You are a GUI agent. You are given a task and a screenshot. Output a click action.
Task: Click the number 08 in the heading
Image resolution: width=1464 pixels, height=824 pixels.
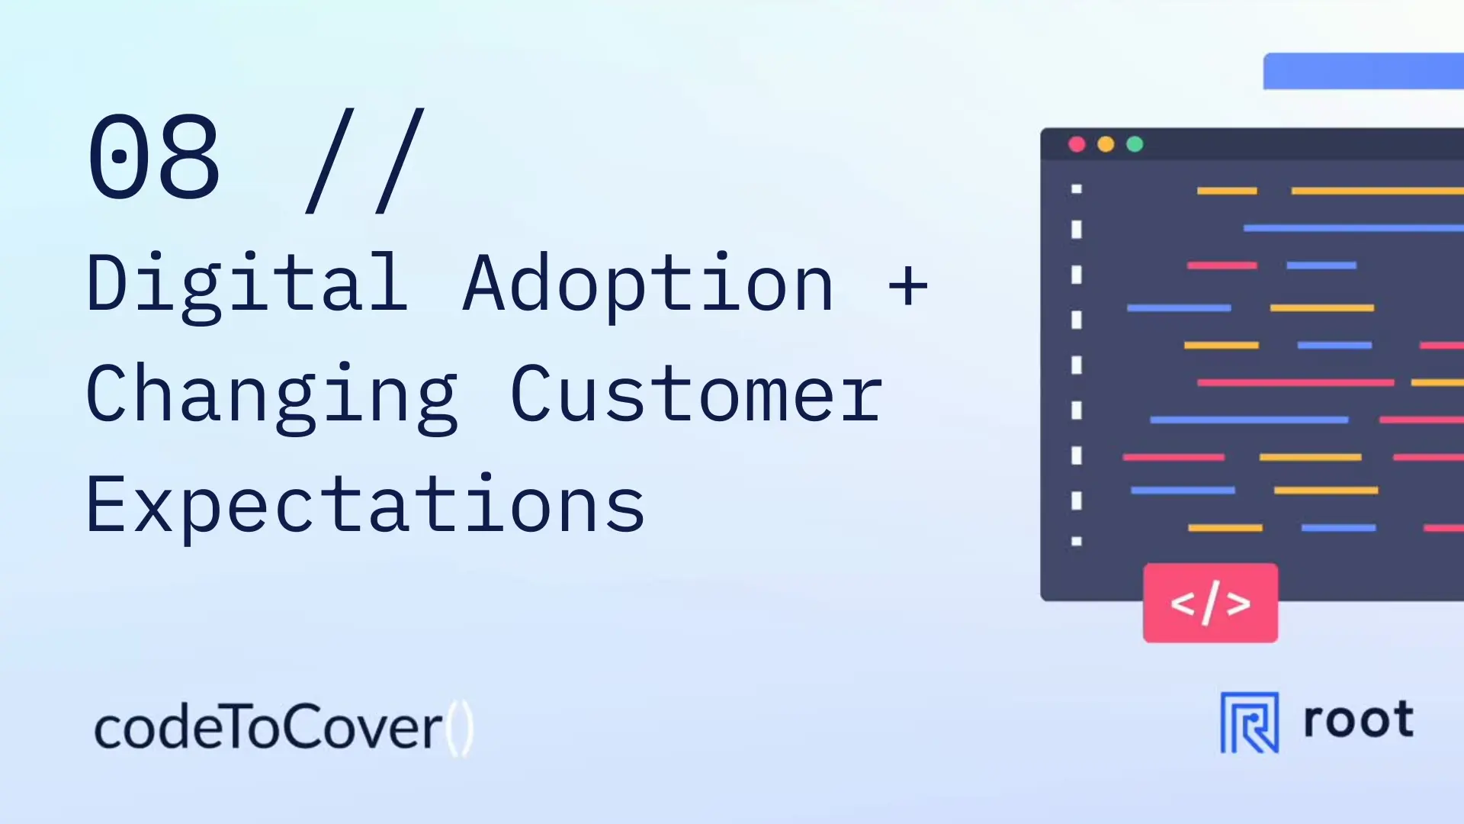point(154,156)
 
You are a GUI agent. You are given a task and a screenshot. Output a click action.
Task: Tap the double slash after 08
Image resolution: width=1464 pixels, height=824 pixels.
point(364,160)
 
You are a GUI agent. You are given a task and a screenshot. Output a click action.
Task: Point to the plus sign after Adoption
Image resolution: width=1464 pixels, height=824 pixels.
point(908,286)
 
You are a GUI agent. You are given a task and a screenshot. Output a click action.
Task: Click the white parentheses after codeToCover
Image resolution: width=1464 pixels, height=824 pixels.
point(460,729)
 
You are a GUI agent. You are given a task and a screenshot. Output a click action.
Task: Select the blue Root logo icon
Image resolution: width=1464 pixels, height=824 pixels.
point(1250,723)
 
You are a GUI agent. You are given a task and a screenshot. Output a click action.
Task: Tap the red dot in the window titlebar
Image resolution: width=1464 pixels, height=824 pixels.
point(1077,144)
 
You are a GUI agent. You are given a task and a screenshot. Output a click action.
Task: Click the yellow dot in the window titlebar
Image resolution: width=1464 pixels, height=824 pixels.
point(1106,144)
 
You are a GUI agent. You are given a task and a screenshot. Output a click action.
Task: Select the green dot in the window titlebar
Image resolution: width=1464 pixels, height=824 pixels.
point(1135,144)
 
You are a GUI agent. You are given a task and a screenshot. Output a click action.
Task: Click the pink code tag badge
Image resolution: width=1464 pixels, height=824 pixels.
point(1210,603)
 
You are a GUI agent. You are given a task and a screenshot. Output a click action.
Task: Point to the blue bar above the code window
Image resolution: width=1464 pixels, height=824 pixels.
point(1363,71)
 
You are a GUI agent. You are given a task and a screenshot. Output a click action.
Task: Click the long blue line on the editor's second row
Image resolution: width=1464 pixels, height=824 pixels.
point(1353,228)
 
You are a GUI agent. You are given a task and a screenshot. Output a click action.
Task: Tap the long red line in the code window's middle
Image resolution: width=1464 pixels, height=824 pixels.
point(1295,382)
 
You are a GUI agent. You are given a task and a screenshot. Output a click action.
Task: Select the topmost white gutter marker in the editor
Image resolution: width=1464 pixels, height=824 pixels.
point(1077,188)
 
